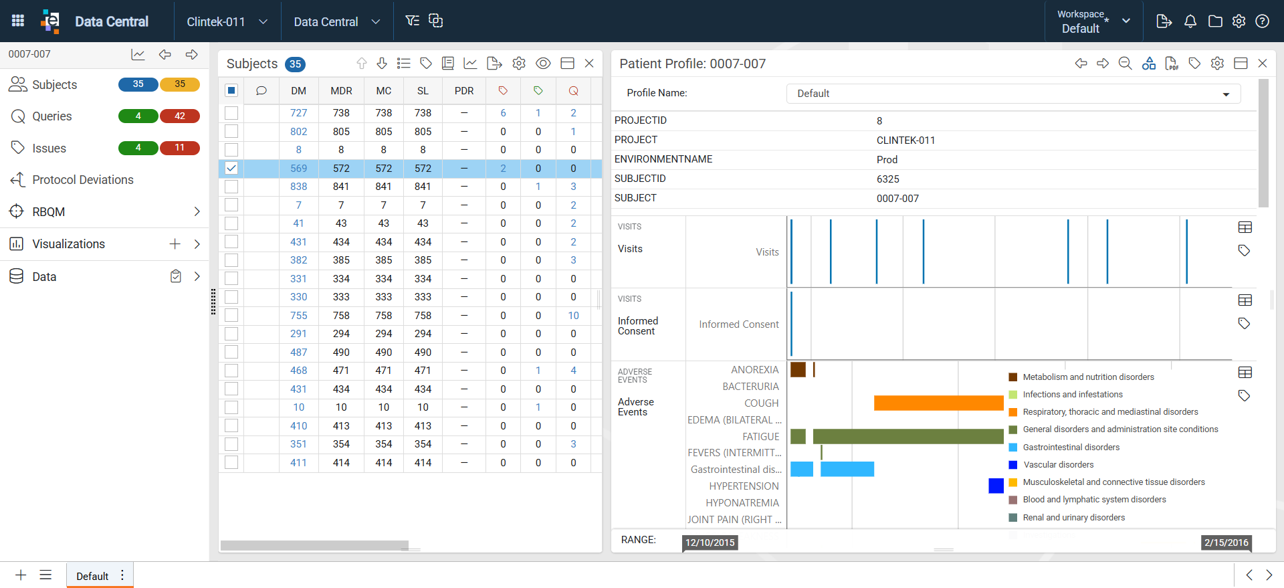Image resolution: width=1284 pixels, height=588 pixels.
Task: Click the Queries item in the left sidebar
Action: tap(51, 116)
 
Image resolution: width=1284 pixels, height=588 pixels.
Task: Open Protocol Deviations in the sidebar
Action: tap(83, 180)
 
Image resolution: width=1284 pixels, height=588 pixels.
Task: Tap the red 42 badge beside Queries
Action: tap(180, 116)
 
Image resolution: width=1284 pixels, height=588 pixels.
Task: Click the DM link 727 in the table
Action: tap(298, 113)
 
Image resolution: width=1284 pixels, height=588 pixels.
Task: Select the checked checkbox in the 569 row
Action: tap(231, 168)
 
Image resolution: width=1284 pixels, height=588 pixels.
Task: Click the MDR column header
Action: tap(341, 91)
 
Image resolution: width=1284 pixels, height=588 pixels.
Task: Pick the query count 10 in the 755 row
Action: tap(573, 316)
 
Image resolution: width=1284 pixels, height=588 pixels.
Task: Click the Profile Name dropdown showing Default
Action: tap(1013, 94)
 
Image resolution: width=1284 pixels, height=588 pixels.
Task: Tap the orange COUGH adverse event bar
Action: tap(938, 403)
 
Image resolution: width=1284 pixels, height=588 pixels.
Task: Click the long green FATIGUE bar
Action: tap(908, 436)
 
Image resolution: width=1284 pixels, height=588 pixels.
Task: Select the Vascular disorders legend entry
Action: tap(1058, 465)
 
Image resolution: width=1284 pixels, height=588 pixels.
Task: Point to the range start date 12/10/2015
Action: tap(710, 543)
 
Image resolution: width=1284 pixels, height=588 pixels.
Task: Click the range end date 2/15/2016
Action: tap(1226, 543)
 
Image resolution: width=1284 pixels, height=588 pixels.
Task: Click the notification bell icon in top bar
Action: tap(1190, 21)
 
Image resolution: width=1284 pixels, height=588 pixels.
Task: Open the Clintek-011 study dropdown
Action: tap(227, 21)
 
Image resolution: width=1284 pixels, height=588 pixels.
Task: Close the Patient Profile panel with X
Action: tap(1263, 63)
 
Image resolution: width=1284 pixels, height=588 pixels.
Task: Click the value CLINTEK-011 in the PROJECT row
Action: tap(905, 140)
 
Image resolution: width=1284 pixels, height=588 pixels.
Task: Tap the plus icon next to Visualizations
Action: tap(175, 244)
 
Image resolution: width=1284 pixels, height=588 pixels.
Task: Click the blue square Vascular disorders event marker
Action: tap(996, 486)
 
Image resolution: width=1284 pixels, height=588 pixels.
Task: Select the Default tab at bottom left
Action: tap(92, 576)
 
